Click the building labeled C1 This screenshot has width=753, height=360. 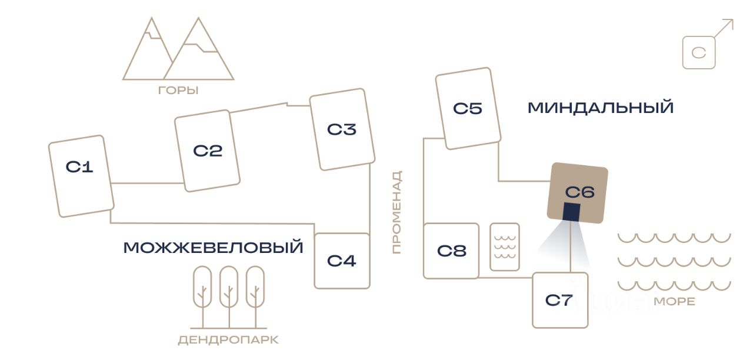81,176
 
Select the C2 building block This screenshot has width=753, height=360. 208,151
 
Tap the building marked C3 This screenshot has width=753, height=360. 342,129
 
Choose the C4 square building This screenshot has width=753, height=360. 342,261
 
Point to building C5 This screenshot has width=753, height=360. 468,108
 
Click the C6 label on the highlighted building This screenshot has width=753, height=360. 580,192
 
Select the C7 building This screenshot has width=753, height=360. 561,300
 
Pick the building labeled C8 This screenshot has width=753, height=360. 451,251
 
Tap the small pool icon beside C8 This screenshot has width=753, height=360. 505,246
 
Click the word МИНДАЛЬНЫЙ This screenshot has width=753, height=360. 601,108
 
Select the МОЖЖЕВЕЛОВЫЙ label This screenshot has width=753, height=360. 214,248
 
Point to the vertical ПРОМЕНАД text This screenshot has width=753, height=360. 397,212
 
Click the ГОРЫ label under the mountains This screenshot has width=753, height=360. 178,91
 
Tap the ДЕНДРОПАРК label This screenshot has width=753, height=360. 229,340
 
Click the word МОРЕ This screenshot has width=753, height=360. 674,302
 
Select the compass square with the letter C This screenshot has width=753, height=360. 699,52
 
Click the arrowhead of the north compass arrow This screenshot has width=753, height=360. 729,24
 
